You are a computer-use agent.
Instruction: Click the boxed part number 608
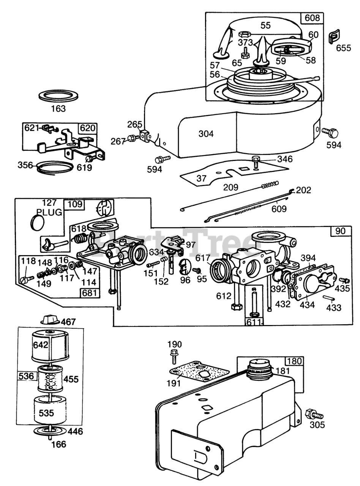pyautogui.click(x=311, y=18)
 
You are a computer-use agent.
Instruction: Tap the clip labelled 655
pyautogui.click(x=334, y=36)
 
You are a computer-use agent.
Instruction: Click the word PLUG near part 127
pyautogui.click(x=49, y=212)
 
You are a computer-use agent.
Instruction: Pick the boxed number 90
pyautogui.click(x=341, y=231)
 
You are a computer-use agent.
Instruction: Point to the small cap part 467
pyautogui.click(x=51, y=319)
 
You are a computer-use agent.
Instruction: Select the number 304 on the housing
pyautogui.click(x=206, y=134)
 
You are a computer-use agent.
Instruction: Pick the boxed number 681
pyautogui.click(x=90, y=293)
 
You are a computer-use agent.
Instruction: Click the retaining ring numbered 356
pyautogui.click(x=56, y=166)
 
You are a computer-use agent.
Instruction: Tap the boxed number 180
pyautogui.click(x=294, y=361)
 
